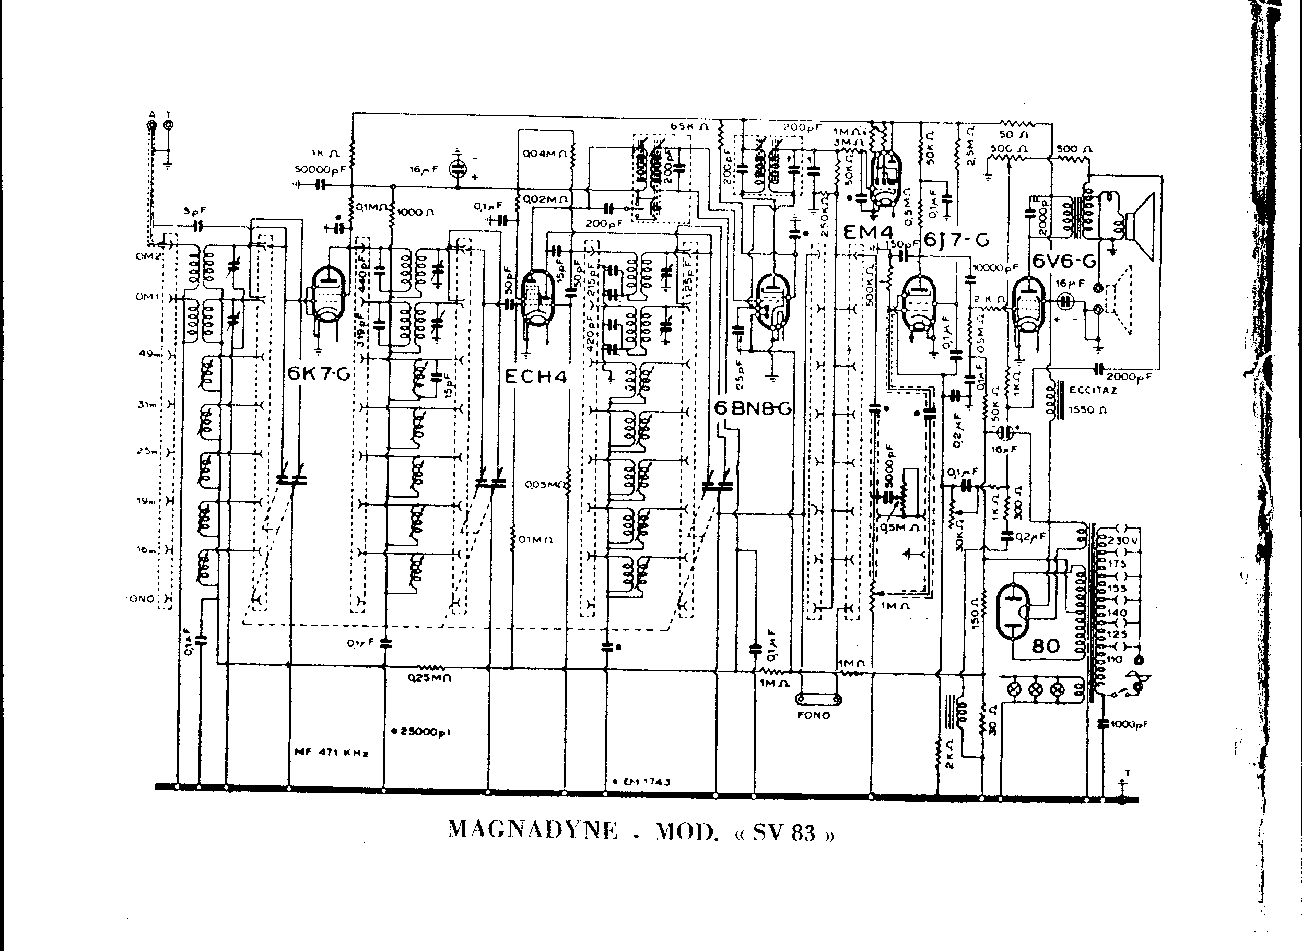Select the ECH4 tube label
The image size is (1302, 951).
coord(535,377)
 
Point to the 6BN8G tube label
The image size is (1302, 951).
coord(752,409)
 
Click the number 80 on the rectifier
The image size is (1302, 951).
coord(1045,646)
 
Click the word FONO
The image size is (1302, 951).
coord(814,715)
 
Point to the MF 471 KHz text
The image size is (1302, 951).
coord(331,753)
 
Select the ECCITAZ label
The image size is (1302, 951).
coord(1093,390)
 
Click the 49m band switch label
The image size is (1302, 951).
coord(147,354)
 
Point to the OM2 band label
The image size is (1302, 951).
coord(147,256)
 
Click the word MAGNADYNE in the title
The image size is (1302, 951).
coord(532,830)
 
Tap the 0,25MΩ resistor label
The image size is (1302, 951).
coord(429,677)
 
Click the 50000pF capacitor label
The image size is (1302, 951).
coord(320,169)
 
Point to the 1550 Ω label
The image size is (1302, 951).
coord(1087,410)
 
